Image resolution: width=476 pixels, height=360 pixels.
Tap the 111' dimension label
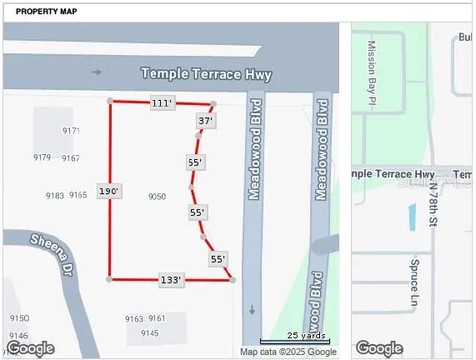162,103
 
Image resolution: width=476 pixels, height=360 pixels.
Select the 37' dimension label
205,121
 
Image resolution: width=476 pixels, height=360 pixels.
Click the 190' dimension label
109,192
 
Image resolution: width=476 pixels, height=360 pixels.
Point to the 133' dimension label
170,280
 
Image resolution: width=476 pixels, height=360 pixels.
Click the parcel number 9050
157,197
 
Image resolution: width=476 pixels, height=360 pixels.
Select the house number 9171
71,131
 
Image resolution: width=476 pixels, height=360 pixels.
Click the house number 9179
42,157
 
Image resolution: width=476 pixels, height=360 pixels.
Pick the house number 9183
55,195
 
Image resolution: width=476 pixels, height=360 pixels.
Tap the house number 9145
149,333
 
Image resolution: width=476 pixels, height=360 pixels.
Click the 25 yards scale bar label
305,335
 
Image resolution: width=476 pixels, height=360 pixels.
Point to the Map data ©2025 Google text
288,352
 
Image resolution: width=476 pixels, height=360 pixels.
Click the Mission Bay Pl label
372,67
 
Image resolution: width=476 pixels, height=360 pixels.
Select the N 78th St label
433,204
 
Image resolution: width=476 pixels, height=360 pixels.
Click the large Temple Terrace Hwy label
206,74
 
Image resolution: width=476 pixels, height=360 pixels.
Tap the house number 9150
19,318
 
